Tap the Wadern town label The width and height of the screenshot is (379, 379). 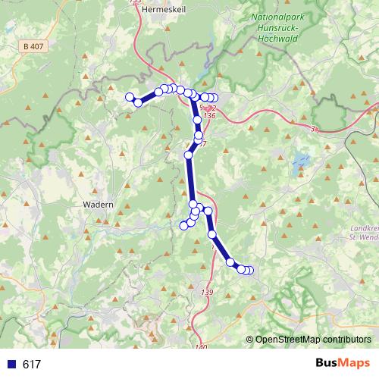[98, 205]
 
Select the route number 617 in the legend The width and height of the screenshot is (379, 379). [32, 365]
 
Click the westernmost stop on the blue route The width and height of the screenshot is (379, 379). [130, 96]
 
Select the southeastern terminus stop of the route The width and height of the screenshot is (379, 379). [249, 271]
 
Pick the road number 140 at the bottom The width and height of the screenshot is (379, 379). [200, 347]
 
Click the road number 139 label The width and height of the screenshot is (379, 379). [208, 292]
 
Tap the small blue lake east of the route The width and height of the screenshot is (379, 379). [302, 161]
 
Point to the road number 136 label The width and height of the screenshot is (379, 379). [210, 116]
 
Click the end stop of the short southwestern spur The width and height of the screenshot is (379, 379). [183, 225]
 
